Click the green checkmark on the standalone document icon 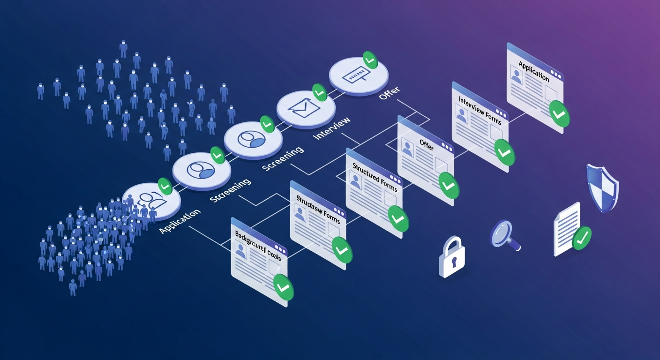point(581,238)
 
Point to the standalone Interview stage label point(332,128)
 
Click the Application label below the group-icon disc point(180,221)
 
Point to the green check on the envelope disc point(320,93)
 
